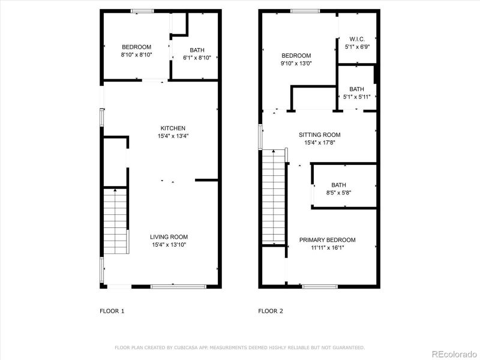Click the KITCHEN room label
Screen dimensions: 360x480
[x=173, y=128]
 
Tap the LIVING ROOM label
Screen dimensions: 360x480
[x=169, y=237]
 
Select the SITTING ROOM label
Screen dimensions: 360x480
[x=320, y=135]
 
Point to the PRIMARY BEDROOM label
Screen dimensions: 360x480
[x=328, y=240]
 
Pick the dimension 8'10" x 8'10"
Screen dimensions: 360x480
[x=137, y=55]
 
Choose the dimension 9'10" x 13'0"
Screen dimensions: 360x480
[x=296, y=63]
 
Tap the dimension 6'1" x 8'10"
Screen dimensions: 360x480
[x=197, y=58]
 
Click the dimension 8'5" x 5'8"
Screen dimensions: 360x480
[x=338, y=193]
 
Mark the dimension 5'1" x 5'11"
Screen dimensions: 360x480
[x=357, y=97]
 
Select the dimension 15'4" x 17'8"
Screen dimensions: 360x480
[x=320, y=143]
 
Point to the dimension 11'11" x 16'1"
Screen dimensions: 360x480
[x=328, y=247]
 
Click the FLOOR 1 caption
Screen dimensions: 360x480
[x=112, y=311]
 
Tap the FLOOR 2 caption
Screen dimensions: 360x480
[x=271, y=311]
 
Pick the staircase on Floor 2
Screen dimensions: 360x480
[x=274, y=198]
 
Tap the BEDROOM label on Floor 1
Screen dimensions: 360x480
[x=137, y=47]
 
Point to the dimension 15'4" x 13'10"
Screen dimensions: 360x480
[x=169, y=244]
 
